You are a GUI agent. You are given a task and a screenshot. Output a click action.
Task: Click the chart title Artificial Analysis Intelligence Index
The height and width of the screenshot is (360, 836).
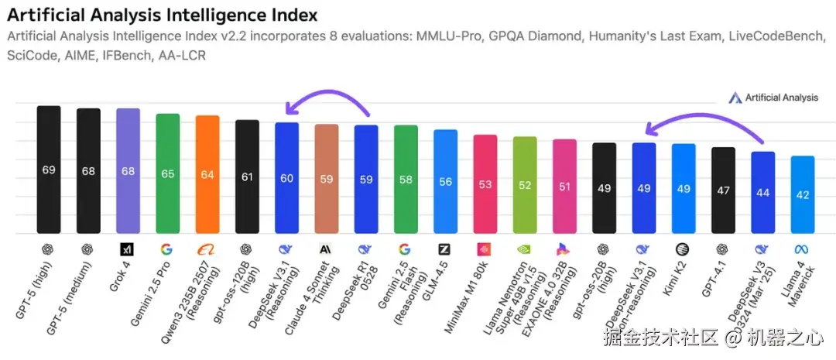[162, 15]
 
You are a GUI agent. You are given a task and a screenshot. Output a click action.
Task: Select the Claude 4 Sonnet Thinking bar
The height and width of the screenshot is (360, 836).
[327, 178]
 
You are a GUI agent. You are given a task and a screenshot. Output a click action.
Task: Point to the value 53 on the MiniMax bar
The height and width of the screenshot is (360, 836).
[485, 184]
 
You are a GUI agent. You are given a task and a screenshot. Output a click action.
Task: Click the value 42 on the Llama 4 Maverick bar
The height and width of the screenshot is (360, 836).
[803, 195]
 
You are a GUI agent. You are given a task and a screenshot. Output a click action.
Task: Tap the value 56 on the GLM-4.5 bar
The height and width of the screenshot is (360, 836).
[445, 182]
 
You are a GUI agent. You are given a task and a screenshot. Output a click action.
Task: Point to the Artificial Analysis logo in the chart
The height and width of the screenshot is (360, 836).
[773, 98]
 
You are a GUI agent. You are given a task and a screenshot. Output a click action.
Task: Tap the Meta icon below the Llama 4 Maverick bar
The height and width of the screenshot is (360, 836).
[802, 249]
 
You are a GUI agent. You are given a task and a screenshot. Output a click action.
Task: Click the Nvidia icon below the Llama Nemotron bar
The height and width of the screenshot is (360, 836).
[525, 249]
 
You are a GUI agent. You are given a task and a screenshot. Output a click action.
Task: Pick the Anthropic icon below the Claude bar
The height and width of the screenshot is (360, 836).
[326, 249]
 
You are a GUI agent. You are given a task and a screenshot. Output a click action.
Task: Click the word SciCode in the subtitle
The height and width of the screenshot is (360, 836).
[30, 56]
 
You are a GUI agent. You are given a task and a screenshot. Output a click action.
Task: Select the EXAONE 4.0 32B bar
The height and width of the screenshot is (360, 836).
[564, 186]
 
